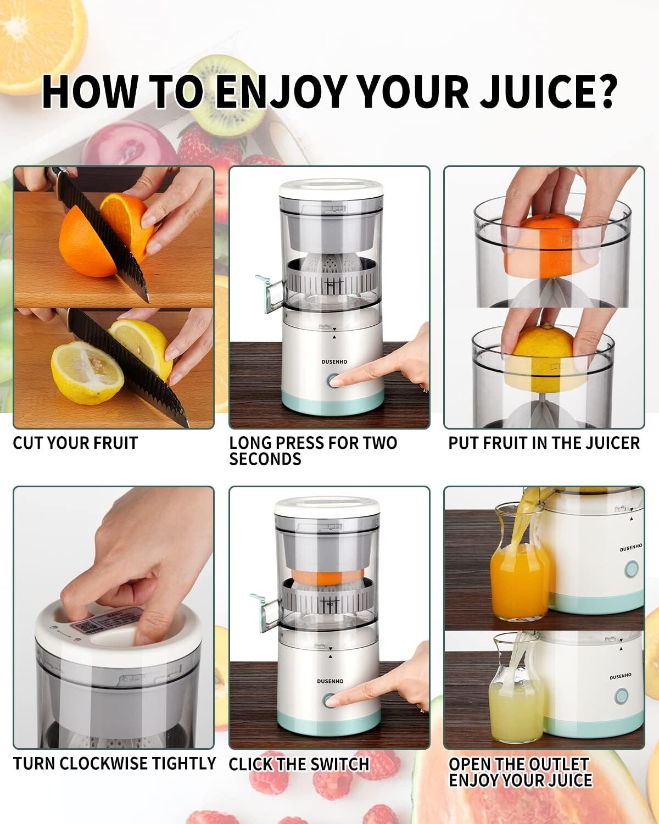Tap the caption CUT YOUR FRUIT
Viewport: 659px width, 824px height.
75,443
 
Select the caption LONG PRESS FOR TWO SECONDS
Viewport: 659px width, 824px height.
312,451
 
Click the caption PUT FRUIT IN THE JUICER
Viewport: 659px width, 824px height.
544,443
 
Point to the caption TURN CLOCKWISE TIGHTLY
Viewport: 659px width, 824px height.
114,764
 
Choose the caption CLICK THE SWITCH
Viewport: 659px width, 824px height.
299,764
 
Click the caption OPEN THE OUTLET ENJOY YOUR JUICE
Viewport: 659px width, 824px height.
520,772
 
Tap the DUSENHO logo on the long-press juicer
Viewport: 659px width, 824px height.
334,362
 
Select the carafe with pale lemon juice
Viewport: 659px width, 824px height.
515,709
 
